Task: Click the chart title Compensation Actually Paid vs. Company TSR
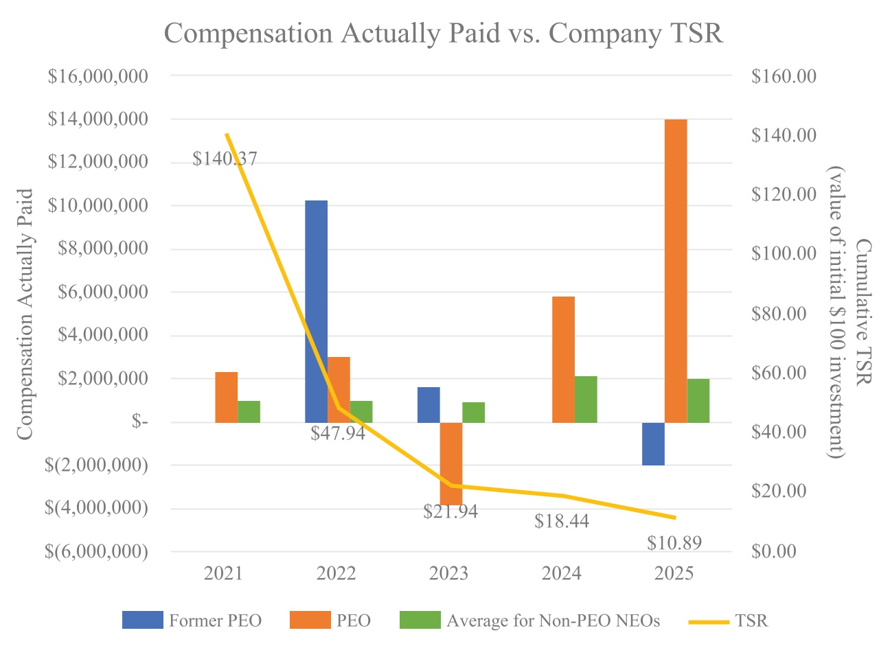pos(444,33)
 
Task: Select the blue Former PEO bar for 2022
pos(316,311)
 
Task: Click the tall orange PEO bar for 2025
pos(676,270)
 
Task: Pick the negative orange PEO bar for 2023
pos(451,463)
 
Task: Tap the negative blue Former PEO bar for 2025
pos(653,443)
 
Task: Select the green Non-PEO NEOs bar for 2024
pos(586,399)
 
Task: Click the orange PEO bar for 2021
pos(226,397)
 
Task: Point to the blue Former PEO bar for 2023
pos(429,404)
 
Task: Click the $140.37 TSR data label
pos(225,159)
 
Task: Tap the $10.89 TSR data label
pos(674,543)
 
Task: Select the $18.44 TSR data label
pos(561,521)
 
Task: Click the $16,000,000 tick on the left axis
pos(98,76)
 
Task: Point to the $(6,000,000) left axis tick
pos(96,551)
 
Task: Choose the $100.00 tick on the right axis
pos(784,254)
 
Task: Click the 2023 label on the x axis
pos(448,573)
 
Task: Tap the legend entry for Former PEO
pos(192,621)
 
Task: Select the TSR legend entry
pos(729,621)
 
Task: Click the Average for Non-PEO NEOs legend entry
pos(529,621)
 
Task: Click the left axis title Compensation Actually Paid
pos(25,314)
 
